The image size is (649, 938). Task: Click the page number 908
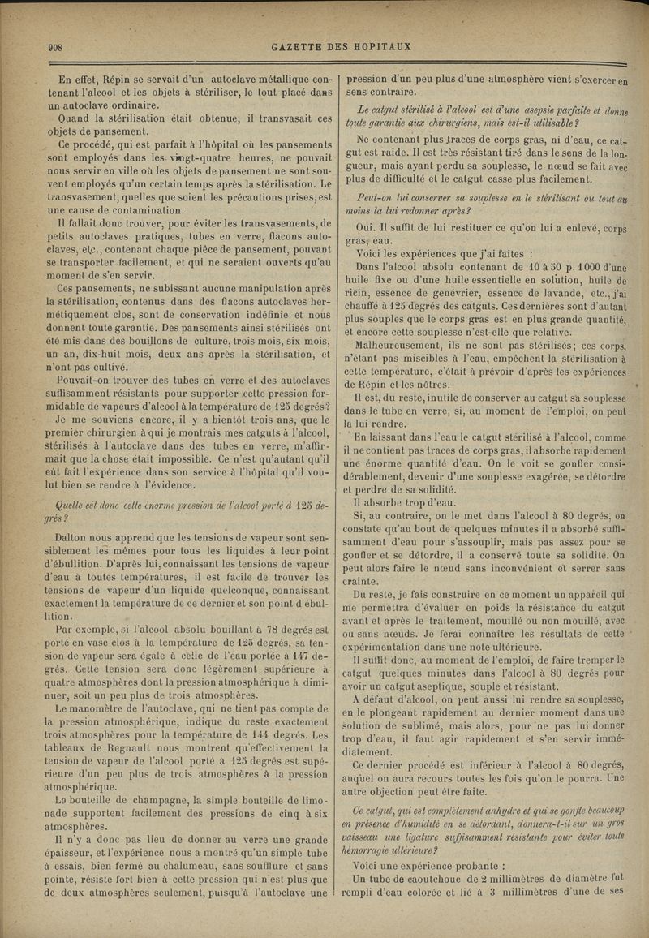(x=56, y=47)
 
